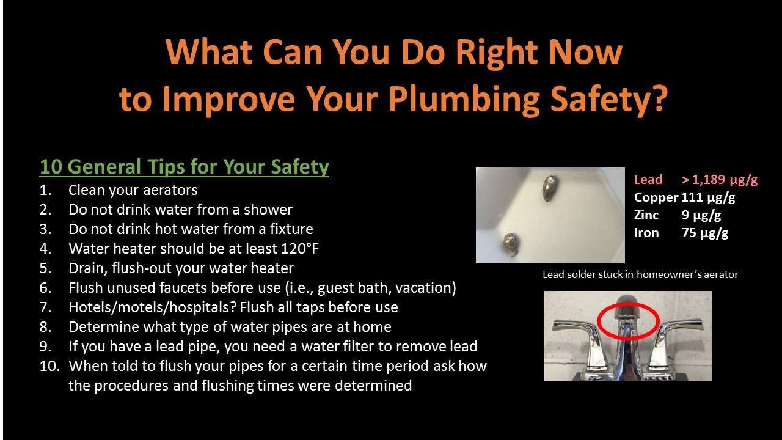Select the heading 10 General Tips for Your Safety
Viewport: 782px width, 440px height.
pos(185,167)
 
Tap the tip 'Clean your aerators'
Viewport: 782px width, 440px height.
pos(133,190)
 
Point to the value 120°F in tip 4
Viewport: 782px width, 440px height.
pos(300,249)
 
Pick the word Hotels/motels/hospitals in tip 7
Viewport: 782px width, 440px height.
pos(152,307)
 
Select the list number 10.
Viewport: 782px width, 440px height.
pos(49,366)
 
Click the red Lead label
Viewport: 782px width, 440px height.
pos(648,180)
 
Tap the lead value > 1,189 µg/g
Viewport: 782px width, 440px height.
pos(720,180)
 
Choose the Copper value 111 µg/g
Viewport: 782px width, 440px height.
pos(708,198)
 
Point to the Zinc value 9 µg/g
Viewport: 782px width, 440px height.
pos(701,216)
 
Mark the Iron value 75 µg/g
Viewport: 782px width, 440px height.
pos(705,233)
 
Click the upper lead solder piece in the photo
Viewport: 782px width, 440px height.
pos(550,188)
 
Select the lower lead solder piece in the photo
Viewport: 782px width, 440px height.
pos(510,244)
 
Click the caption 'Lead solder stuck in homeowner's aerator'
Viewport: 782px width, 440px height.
pos(640,274)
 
